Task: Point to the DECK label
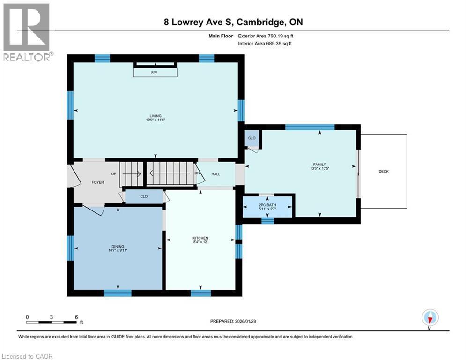pyautogui.click(x=384, y=171)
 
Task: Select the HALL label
pyautogui.click(x=215, y=174)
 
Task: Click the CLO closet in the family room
pyautogui.click(x=252, y=138)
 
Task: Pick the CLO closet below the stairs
pyautogui.click(x=144, y=196)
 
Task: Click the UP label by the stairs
pyautogui.click(x=113, y=173)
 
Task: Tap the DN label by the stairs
pyautogui.click(x=197, y=172)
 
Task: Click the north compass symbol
pyautogui.click(x=429, y=318)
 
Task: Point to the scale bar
pyautogui.click(x=52, y=322)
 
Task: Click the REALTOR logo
pyautogui.click(x=27, y=32)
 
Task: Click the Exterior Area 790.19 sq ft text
pyautogui.click(x=266, y=36)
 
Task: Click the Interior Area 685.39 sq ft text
pyautogui.click(x=266, y=43)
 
